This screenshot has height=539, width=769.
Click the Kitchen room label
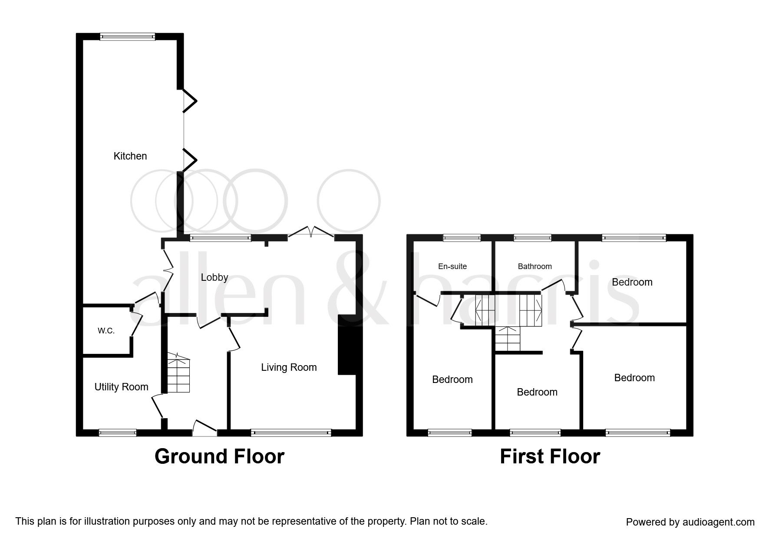130,156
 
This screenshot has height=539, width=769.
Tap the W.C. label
106,331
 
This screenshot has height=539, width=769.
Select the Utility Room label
121,387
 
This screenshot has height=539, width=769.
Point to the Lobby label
215,277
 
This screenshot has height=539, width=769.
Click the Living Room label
289,367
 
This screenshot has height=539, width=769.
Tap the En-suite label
452,266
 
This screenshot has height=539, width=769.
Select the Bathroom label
535,266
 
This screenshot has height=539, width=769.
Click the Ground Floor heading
219,457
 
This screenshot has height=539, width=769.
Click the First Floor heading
550,457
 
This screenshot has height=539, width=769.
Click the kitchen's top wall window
127,37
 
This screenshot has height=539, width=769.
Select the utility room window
117,433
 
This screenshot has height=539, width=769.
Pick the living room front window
291,433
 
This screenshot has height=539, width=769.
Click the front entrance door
205,430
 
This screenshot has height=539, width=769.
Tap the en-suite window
462,238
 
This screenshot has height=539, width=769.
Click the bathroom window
532,238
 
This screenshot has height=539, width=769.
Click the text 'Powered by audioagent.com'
690,522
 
